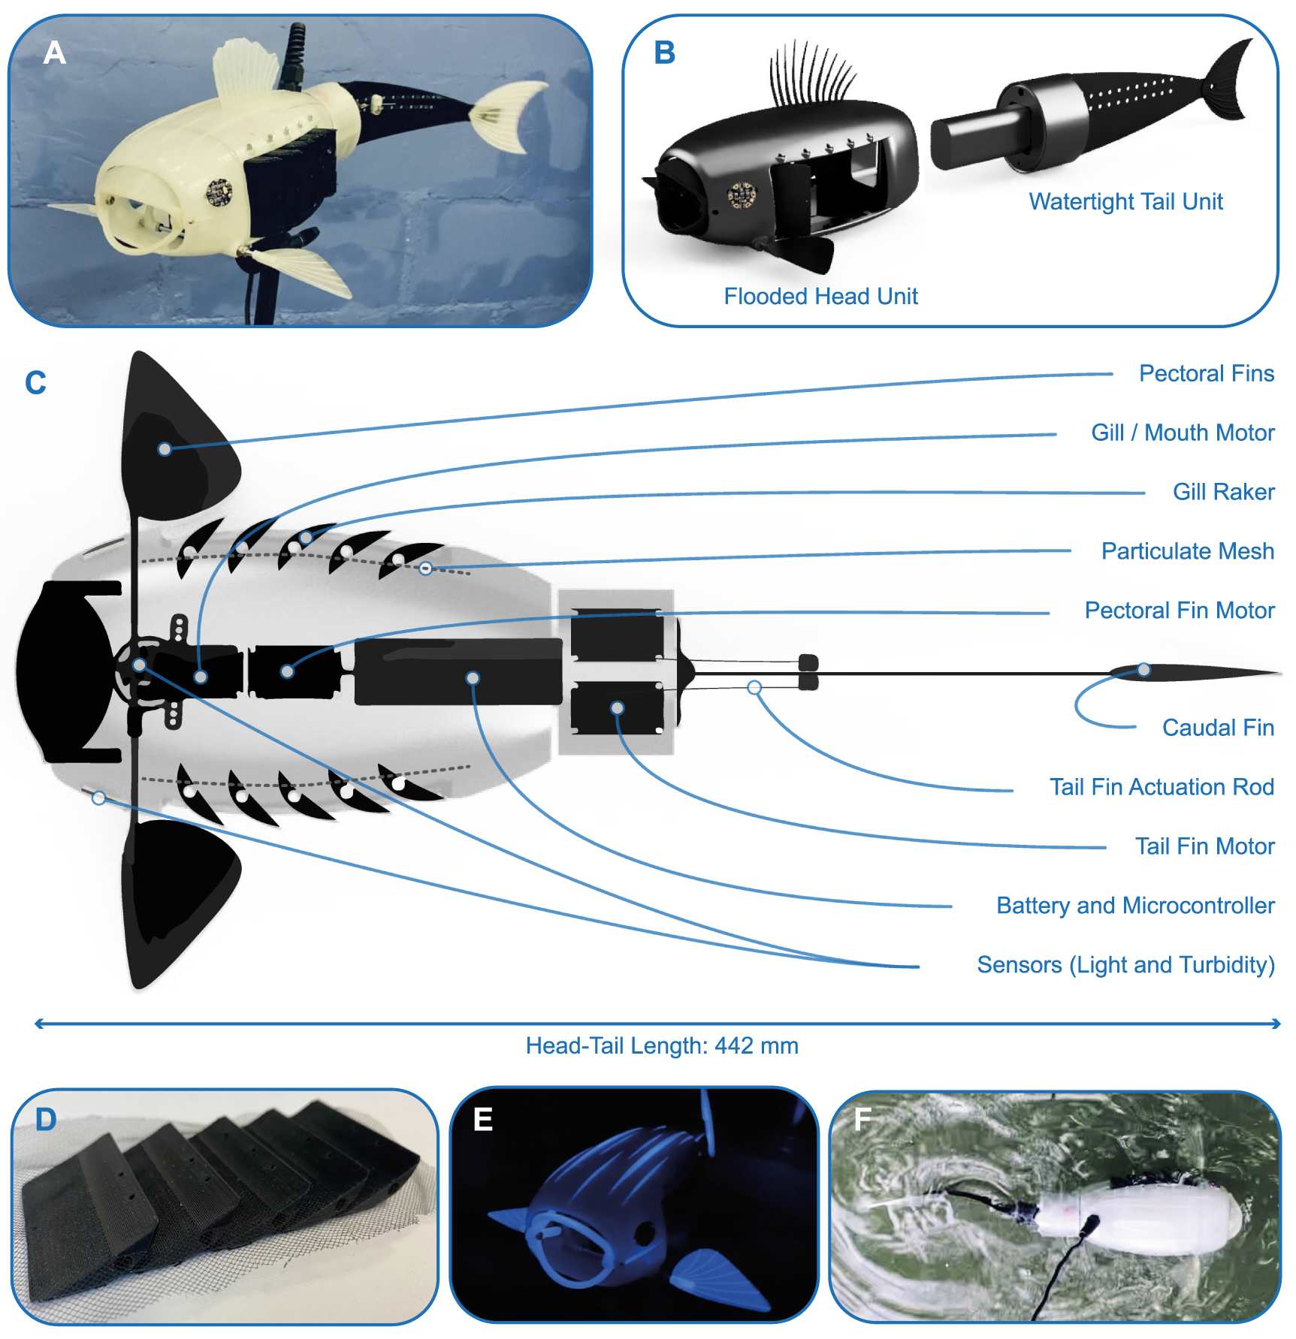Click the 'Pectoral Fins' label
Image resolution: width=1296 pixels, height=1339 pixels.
point(1206,373)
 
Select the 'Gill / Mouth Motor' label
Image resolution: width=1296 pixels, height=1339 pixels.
point(1183,433)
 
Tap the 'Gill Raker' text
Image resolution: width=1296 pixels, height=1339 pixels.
point(1223,492)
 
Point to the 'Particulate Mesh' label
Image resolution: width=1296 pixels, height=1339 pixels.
point(1187,551)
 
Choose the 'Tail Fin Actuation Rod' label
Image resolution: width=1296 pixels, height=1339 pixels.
point(1162,787)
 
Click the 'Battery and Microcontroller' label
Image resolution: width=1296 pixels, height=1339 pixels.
point(1134,906)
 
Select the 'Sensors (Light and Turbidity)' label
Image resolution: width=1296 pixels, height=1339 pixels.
point(1125,965)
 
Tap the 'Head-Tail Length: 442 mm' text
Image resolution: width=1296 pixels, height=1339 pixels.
point(661,1046)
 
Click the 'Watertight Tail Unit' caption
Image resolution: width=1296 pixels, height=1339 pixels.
point(1125,202)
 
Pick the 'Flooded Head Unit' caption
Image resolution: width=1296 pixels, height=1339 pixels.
point(820,297)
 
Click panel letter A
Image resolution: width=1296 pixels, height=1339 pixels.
point(55,53)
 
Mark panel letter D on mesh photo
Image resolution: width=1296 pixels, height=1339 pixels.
point(46,1120)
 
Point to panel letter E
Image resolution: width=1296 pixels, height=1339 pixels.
point(483,1120)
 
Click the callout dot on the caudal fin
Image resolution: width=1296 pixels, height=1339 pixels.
point(1143,669)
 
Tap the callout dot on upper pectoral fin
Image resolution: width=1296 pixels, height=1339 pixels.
point(165,449)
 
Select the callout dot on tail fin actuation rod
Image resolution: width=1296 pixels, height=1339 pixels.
point(754,687)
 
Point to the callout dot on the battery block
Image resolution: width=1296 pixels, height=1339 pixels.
point(473,678)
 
